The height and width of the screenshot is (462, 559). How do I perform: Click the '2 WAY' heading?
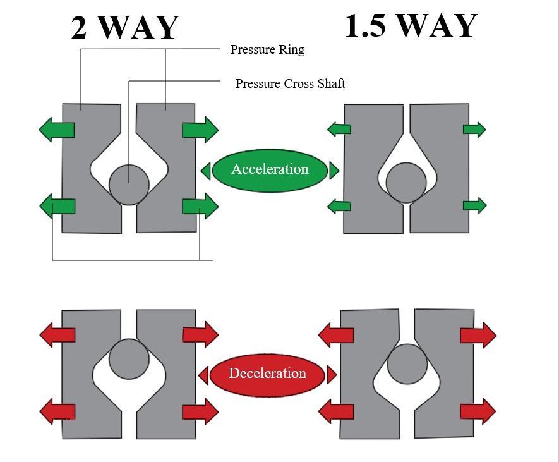[x=125, y=28]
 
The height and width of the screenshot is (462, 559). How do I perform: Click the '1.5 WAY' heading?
[x=411, y=26]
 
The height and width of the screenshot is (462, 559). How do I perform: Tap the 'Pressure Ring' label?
[x=267, y=49]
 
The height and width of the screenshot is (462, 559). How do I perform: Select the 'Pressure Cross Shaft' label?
[x=290, y=83]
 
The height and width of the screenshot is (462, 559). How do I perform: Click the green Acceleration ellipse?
[x=270, y=169]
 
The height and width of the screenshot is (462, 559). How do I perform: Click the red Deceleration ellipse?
[x=267, y=374]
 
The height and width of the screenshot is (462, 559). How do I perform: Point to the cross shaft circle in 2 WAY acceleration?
[x=129, y=185]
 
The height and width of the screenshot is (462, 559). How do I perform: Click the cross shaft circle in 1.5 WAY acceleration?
[x=406, y=183]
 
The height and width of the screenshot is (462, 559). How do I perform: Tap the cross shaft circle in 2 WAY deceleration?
[x=129, y=359]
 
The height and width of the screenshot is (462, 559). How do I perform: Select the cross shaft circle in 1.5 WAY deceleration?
[x=407, y=363]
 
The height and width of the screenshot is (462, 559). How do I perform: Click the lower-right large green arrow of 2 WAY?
[x=200, y=207]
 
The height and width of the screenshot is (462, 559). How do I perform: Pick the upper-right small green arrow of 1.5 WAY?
[x=474, y=130]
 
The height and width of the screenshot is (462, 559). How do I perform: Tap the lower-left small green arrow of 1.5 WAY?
[x=339, y=206]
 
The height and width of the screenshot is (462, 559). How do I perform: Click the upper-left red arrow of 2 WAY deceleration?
[x=57, y=334]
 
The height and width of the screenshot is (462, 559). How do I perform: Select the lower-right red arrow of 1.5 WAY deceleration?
[x=478, y=411]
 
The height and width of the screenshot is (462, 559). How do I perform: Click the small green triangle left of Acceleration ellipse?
[x=205, y=171]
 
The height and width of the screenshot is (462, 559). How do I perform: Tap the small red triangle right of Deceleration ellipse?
[x=332, y=375]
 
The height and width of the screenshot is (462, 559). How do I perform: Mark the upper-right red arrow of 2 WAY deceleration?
[x=200, y=334]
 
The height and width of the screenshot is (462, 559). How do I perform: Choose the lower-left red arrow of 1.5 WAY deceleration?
[x=335, y=412]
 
